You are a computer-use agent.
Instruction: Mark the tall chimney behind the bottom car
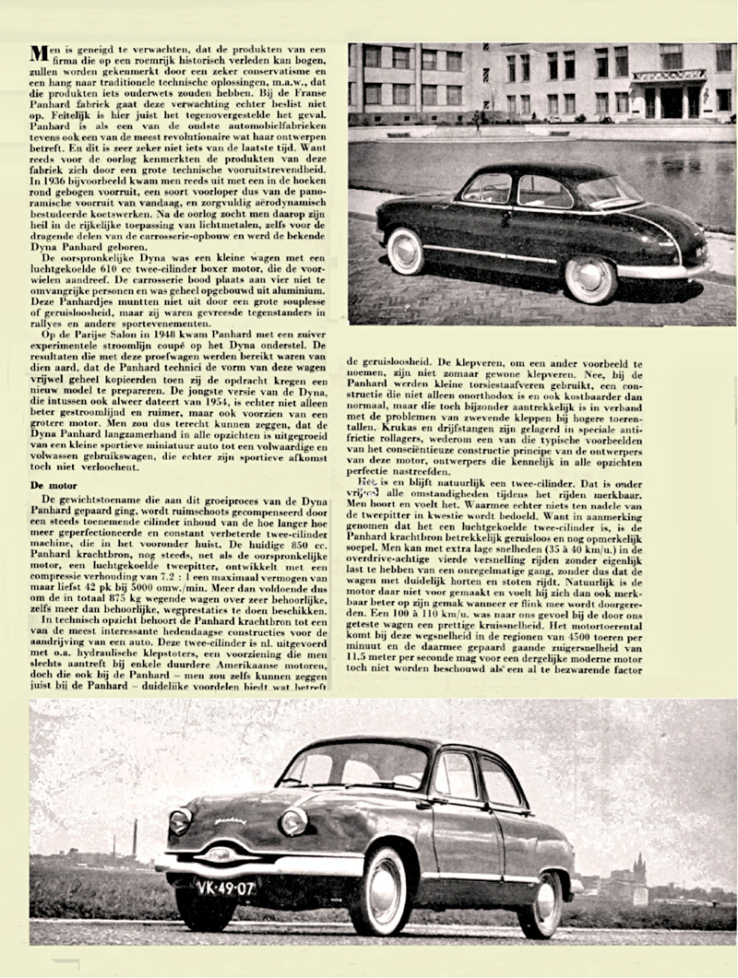tap(135, 835)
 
